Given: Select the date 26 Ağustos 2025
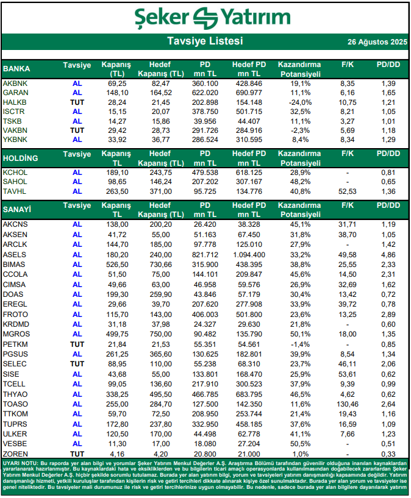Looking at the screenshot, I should coord(377,42).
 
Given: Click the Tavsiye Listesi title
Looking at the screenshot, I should coord(205,41).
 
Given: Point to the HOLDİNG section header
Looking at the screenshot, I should coord(21,158).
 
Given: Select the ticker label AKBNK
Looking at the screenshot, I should coord(15,82).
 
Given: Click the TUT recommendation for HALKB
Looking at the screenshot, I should coord(77,102).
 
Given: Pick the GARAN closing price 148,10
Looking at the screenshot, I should coord(116,92).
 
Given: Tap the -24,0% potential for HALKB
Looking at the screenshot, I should coord(299,102).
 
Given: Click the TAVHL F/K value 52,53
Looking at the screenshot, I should coord(348,191).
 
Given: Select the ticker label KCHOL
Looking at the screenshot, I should coord(15,173).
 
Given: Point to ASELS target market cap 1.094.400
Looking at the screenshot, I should coord(249,254).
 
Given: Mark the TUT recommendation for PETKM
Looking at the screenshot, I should coord(77,344).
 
